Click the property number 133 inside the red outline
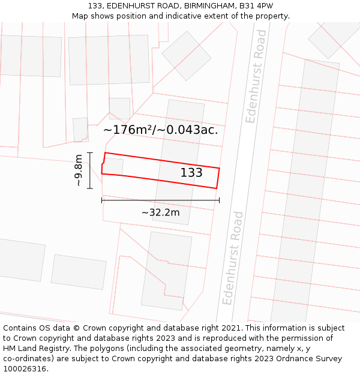[191, 173]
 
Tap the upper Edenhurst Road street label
[256, 85]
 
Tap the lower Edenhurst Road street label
[233, 257]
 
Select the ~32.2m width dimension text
[160, 212]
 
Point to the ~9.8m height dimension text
[78, 170]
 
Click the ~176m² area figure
[130, 130]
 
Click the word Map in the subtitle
[80, 16]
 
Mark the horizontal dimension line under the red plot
[160, 200]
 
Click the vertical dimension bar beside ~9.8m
[90, 170]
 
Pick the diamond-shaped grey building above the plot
[187, 56]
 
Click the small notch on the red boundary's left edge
[103, 163]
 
